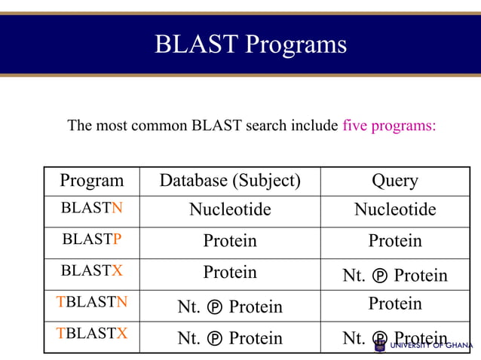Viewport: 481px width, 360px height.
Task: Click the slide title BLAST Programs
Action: pos(250,44)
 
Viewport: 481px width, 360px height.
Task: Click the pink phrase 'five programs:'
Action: pos(389,125)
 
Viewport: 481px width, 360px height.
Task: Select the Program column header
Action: pos(91,181)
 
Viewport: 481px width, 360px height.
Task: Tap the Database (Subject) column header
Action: pos(229,181)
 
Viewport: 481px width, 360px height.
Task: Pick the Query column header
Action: pos(394,181)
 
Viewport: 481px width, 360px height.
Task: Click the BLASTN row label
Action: pos(91,209)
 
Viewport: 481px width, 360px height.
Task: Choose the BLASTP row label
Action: pos(91,239)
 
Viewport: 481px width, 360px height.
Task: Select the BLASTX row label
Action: pos(91,270)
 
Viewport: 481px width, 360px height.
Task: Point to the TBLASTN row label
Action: pos(91,302)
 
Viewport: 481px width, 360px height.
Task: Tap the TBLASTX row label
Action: pos(91,333)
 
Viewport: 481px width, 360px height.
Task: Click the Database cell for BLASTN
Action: pos(229,209)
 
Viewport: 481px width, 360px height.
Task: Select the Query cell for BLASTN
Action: pos(394,209)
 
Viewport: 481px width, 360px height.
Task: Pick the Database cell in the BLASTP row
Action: pos(229,241)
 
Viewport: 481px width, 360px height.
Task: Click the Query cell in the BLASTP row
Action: pos(394,241)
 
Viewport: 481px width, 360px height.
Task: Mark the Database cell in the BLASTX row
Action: pos(229,272)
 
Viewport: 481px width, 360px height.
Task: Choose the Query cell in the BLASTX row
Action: pos(394,276)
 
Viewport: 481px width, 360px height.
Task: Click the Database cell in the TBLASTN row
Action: pos(229,307)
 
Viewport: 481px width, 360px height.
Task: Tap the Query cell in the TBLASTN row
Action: pos(394,303)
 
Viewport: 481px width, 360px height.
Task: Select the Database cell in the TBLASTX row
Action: pos(229,339)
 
